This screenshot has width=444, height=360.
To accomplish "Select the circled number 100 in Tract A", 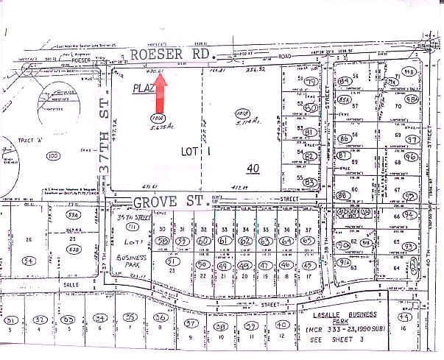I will click(x=52, y=156).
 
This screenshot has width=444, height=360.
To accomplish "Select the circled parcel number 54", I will click(x=29, y=260).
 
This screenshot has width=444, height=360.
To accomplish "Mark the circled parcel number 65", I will click(x=310, y=241).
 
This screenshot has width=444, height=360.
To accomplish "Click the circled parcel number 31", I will click(x=11, y=320).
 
